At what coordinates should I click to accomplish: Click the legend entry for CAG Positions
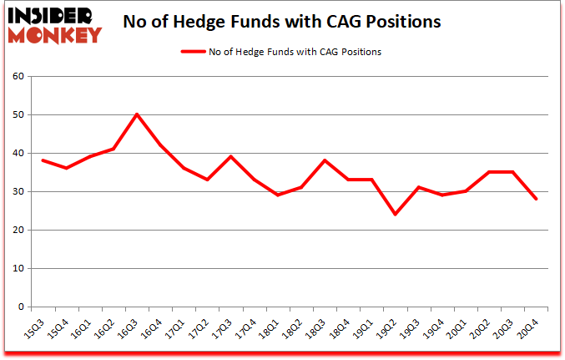click(x=281, y=52)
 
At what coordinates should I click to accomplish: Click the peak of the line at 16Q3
click(x=136, y=114)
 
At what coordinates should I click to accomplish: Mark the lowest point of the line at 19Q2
click(x=396, y=215)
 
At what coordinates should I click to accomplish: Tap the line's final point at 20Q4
click(x=537, y=199)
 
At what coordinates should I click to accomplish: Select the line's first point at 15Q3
click(x=43, y=160)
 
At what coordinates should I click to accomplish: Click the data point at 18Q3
click(x=325, y=160)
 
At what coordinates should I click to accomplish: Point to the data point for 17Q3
click(x=230, y=157)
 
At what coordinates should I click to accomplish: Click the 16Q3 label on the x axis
click(x=132, y=327)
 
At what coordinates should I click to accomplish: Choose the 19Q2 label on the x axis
click(x=391, y=327)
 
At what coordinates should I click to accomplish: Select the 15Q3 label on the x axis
click(x=38, y=327)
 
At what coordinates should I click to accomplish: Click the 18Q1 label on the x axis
click(x=273, y=327)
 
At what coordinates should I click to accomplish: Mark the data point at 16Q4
click(x=160, y=145)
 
